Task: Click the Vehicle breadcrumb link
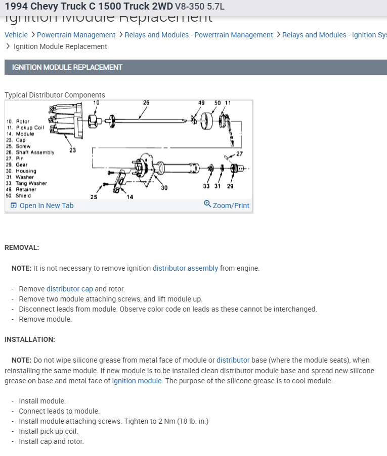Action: [16, 35]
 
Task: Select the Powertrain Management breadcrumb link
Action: [76, 35]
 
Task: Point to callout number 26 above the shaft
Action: [146, 103]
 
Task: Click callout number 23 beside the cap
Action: [73, 150]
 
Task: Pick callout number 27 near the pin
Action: [239, 154]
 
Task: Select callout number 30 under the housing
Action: [164, 188]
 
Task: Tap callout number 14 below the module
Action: [130, 197]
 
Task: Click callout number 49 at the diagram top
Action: [201, 103]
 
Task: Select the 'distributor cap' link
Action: [70, 289]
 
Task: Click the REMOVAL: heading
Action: [22, 247]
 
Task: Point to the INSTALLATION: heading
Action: [30, 339]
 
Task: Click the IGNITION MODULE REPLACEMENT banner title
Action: [67, 67]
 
